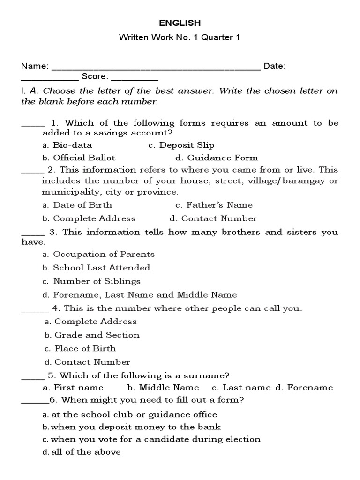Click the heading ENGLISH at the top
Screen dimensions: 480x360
click(x=180, y=22)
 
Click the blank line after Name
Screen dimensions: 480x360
click(x=155, y=68)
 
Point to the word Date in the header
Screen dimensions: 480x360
click(x=274, y=67)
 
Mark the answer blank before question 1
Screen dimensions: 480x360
click(x=33, y=126)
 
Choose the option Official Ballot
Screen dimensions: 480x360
click(x=84, y=157)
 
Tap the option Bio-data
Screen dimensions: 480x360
click(x=73, y=145)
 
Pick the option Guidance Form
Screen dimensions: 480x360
click(x=219, y=157)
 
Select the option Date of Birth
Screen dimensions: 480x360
click(x=82, y=205)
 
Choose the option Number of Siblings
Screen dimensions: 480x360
click(x=97, y=281)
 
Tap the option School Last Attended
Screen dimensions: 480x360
click(x=101, y=268)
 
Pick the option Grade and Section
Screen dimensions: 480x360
click(x=97, y=335)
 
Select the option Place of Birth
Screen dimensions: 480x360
click(x=85, y=349)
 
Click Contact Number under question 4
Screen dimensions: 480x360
click(x=92, y=362)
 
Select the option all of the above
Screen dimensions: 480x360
click(x=86, y=452)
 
